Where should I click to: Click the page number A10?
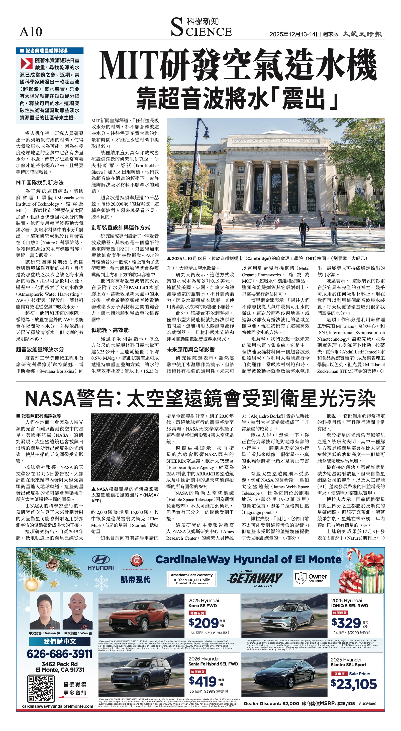tap(31, 32)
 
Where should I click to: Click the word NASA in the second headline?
tap(50, 399)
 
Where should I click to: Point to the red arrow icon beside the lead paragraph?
tap(26, 64)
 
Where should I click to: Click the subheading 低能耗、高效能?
tap(110, 330)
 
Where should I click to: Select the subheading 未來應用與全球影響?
tap(190, 350)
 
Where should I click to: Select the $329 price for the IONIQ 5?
tap(346, 623)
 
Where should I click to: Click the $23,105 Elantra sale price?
tap(353, 684)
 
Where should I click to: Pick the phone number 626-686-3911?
tap(59, 654)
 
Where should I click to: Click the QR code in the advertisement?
tap(41, 688)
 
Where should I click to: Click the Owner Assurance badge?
tap(312, 578)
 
